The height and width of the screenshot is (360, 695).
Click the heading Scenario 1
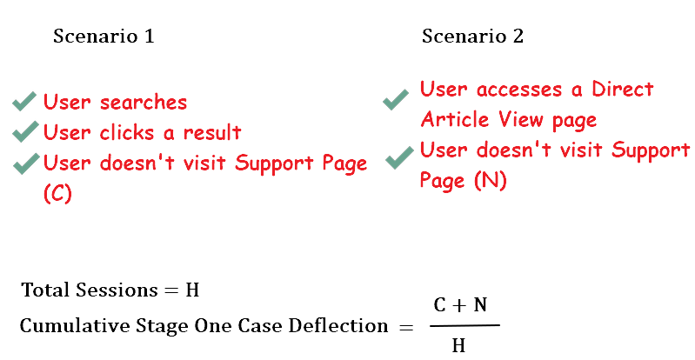pyautogui.click(x=104, y=36)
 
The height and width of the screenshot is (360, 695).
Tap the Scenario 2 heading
pyautogui.click(x=472, y=36)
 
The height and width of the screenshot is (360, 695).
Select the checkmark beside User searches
pyautogui.click(x=24, y=102)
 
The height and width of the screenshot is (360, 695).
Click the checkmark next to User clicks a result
pyautogui.click(x=25, y=131)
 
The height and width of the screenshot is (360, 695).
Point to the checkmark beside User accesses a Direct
pyautogui.click(x=396, y=99)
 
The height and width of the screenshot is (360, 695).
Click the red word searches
pyautogui.click(x=144, y=103)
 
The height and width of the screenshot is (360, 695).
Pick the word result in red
pyautogui.click(x=212, y=132)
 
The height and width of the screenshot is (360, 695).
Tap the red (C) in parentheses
pyautogui.click(x=57, y=193)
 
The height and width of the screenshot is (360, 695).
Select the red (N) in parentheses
pyautogui.click(x=491, y=180)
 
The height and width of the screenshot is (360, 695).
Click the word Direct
pyautogui.click(x=623, y=89)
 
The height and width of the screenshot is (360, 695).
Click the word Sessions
pyautogui.click(x=117, y=290)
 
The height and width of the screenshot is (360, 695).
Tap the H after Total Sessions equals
pyautogui.click(x=192, y=290)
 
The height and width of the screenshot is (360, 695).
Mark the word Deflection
pyautogui.click(x=338, y=326)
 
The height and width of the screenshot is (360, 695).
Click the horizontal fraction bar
pyautogui.click(x=464, y=325)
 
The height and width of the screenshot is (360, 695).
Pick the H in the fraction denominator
pyautogui.click(x=458, y=345)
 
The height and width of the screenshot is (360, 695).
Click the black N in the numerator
pyautogui.click(x=480, y=305)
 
